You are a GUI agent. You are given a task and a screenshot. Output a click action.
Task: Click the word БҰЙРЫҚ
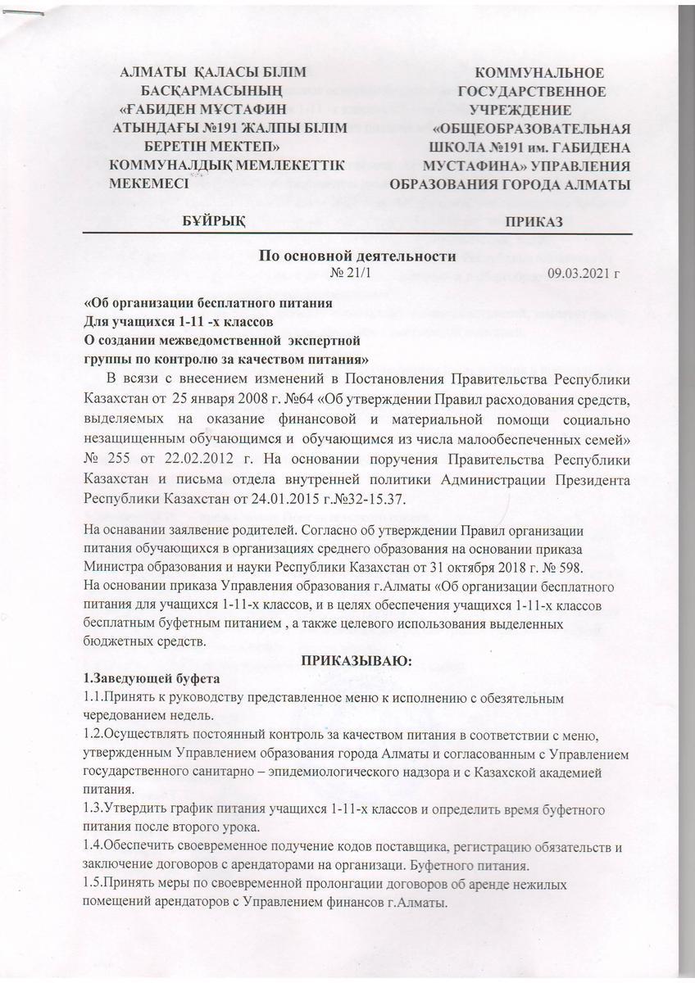tap(216, 222)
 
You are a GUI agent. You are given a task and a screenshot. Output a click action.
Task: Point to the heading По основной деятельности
tap(357, 256)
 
